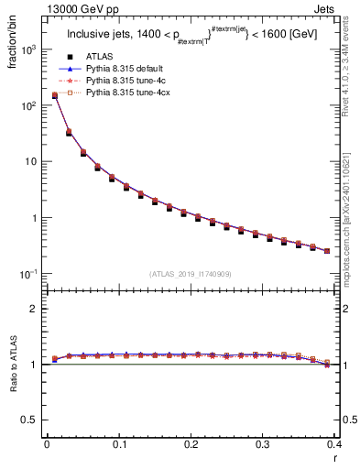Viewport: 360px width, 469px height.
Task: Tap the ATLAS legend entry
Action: [x=102, y=67]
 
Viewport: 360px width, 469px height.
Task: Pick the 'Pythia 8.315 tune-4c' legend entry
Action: [x=125, y=93]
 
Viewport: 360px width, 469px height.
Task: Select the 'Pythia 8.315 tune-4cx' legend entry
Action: [x=127, y=105]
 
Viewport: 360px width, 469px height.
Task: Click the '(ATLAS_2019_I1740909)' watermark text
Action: [x=191, y=273]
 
